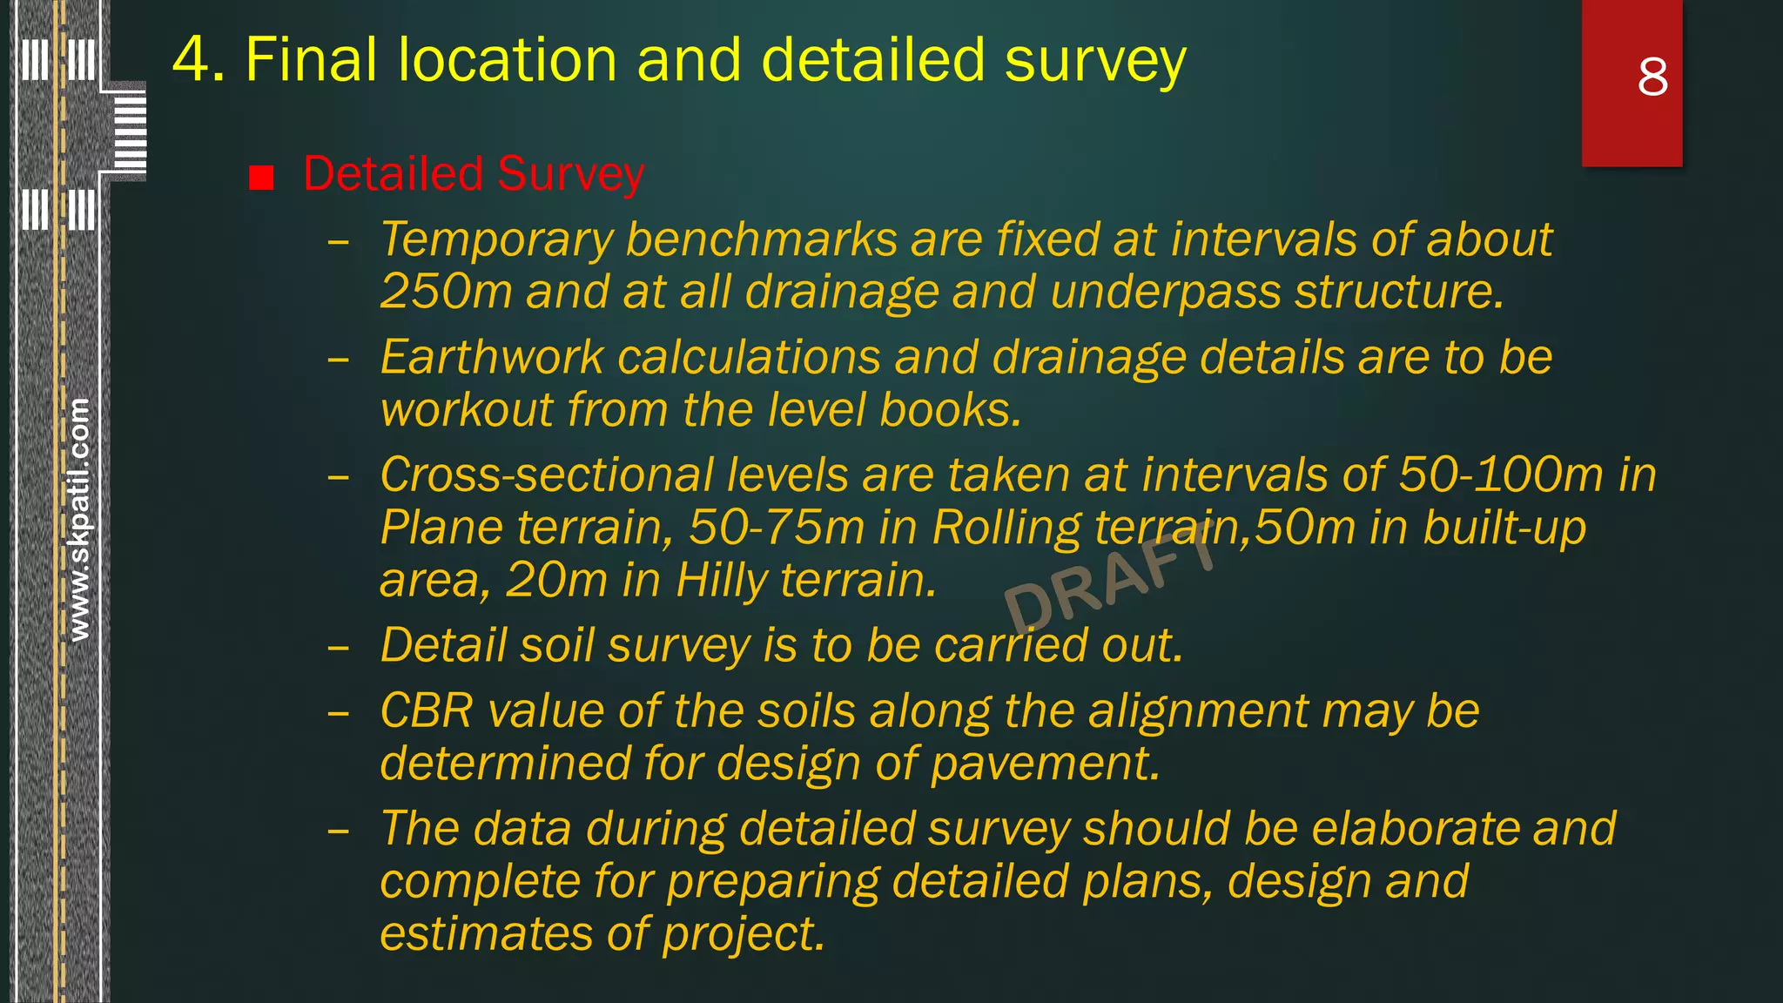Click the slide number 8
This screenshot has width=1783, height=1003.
(x=1652, y=77)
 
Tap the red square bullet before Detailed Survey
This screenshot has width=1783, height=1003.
(x=261, y=178)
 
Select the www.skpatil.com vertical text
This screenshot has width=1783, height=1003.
(x=78, y=520)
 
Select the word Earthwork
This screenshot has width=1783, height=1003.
(x=492, y=358)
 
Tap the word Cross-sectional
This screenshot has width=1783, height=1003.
(x=546, y=475)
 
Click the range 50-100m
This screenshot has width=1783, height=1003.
(x=1501, y=475)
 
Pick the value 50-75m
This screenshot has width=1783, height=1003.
(x=777, y=528)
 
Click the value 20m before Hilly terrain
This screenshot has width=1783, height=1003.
(x=555, y=580)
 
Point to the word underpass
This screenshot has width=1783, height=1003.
(x=1165, y=291)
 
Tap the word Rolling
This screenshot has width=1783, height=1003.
(x=1006, y=528)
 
